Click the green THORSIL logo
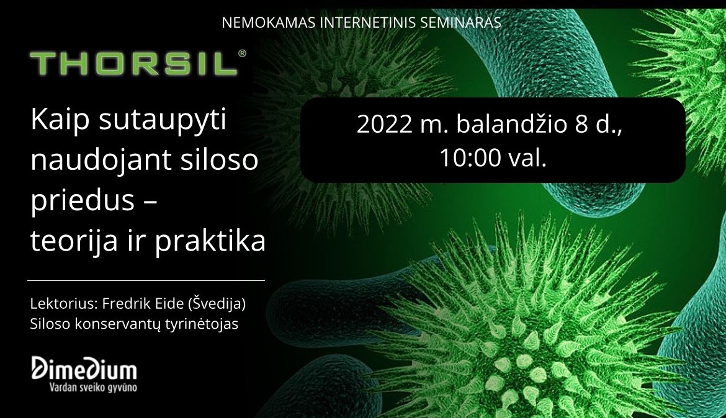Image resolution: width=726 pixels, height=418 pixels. point(134,63)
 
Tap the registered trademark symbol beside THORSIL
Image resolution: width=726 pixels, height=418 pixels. point(242,54)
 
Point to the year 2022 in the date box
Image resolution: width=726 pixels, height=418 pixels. point(384,124)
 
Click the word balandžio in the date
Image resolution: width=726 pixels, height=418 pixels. point(512,123)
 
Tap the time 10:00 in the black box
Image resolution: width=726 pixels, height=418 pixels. point(470,158)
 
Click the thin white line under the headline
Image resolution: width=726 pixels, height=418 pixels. point(146,280)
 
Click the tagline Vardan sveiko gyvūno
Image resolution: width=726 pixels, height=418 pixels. point(93,387)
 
